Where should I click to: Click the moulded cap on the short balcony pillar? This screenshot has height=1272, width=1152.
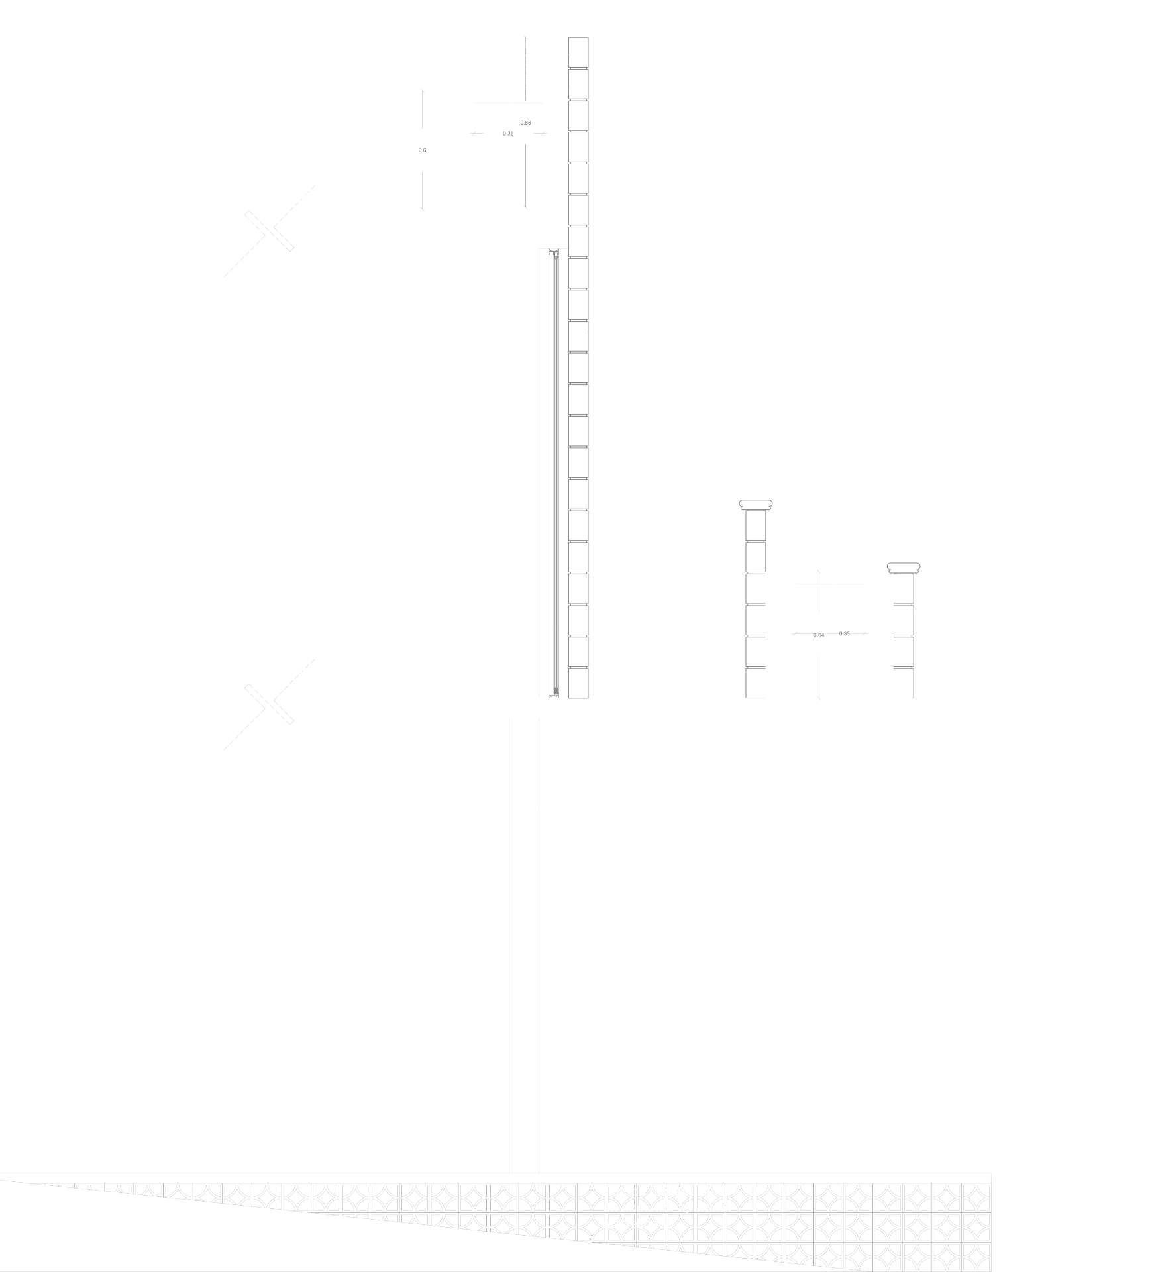coord(756,506)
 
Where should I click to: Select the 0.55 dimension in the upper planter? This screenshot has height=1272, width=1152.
coord(508,134)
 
